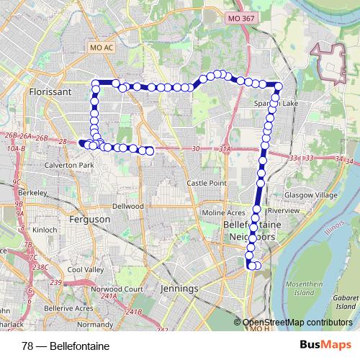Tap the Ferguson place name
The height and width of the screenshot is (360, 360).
tap(89, 219)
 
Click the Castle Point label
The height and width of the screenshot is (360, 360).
tap(207, 184)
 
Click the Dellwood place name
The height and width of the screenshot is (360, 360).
tap(127, 205)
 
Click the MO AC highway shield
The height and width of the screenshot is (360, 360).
tap(102, 48)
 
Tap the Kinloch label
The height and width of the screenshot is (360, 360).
tap(45, 230)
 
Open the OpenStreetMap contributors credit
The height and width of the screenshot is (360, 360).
tap(299, 323)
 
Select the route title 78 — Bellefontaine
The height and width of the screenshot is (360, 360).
tap(66, 346)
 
